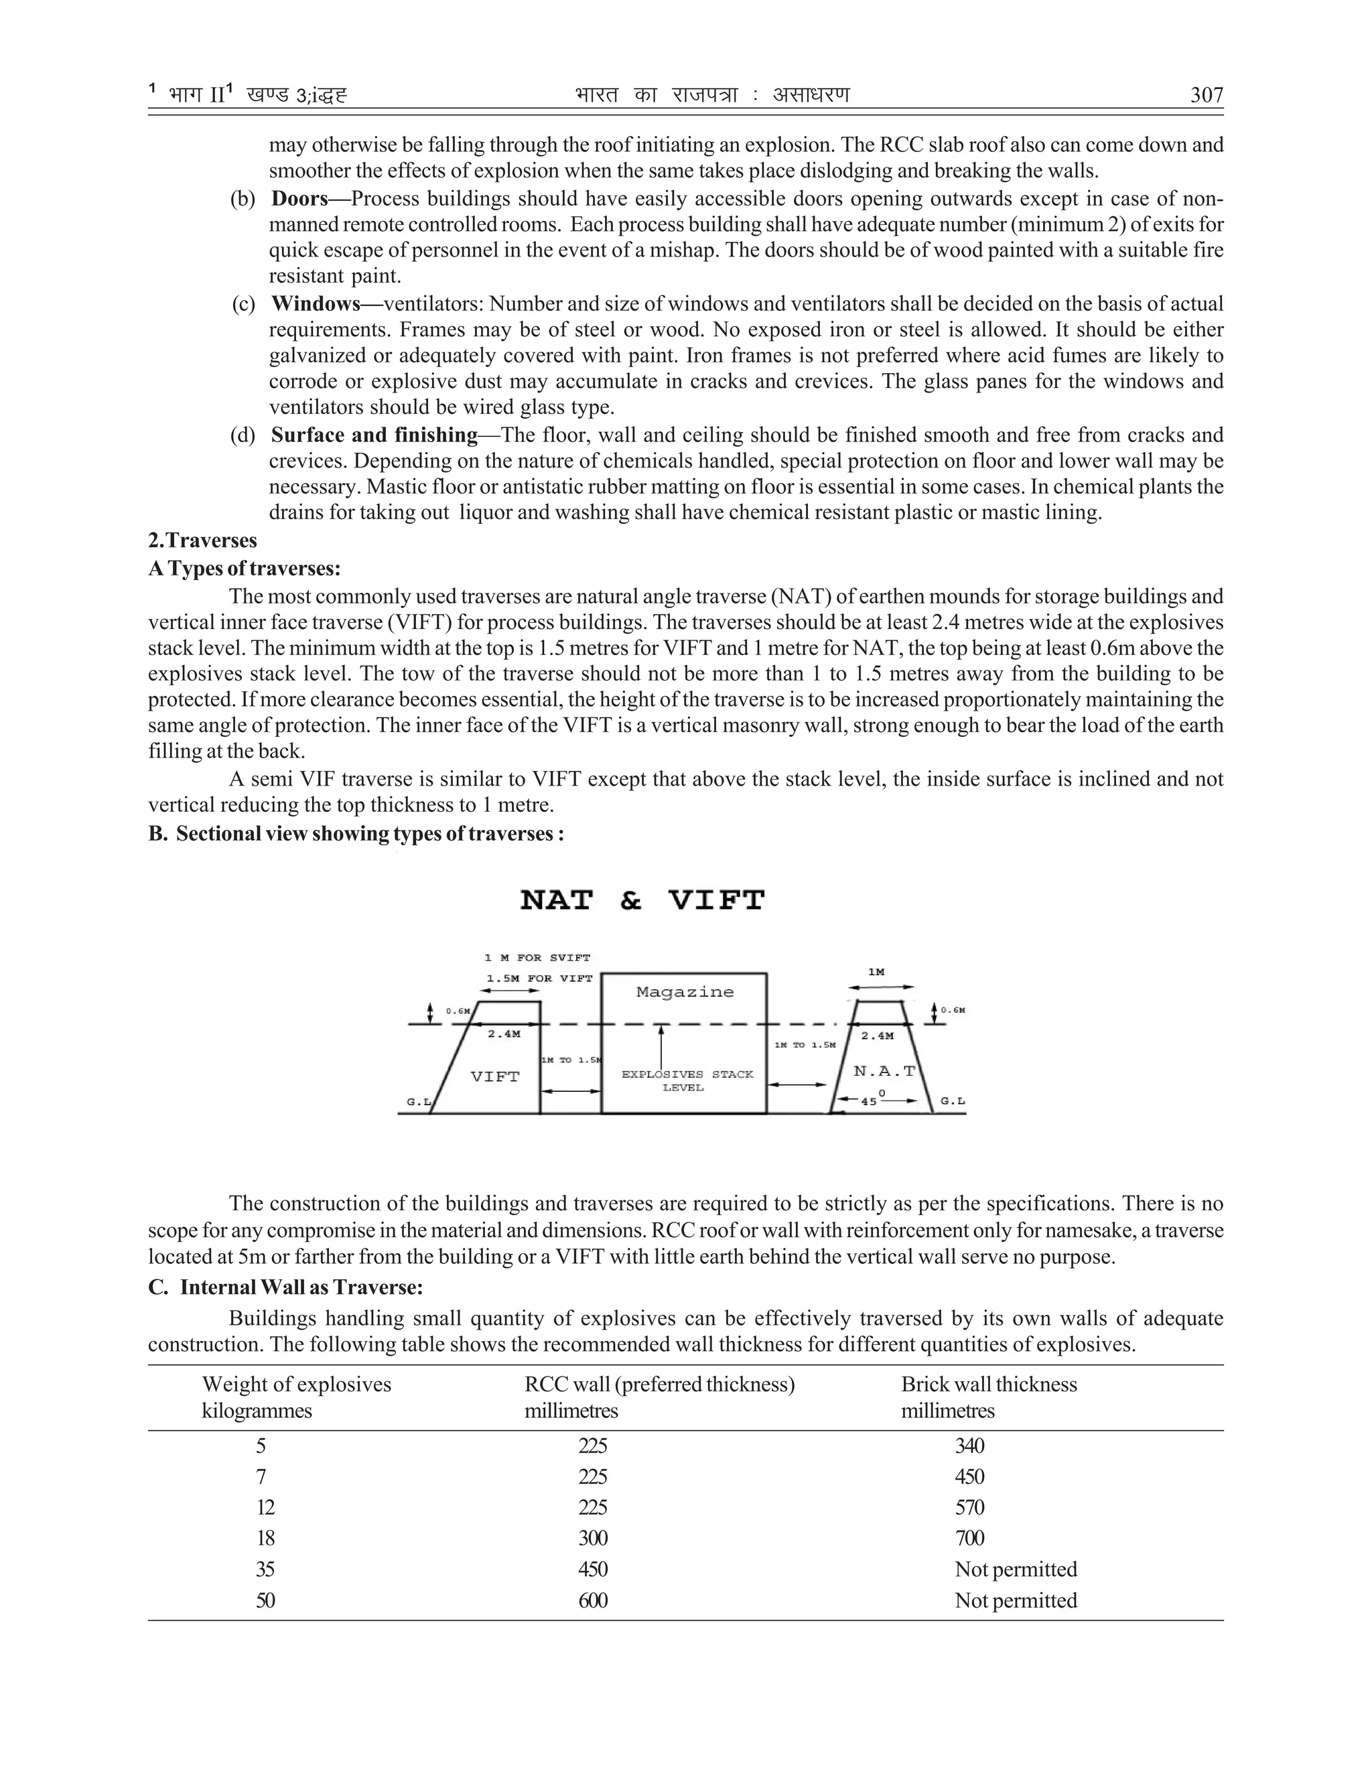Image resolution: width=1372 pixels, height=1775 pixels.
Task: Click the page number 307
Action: [1206, 95]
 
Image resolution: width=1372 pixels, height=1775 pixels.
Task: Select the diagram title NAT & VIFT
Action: [642, 900]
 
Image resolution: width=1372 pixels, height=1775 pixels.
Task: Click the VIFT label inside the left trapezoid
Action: [495, 1077]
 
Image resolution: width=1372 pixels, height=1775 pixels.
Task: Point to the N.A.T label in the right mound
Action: [884, 1071]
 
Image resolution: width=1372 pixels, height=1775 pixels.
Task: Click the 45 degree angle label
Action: [869, 1101]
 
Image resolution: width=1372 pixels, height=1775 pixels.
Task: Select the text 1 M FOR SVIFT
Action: [537, 957]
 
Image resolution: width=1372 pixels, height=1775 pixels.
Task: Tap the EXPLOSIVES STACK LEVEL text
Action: [687, 1081]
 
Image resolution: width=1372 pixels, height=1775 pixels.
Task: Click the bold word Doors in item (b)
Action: [299, 198]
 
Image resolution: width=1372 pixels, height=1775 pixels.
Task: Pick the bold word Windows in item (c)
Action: [316, 303]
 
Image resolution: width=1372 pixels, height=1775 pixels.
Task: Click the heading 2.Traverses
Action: [202, 541]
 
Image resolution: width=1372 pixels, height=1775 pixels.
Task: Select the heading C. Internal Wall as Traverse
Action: [285, 1287]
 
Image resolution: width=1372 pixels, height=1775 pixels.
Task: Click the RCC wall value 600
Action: [592, 1600]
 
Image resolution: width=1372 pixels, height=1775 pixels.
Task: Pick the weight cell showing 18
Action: [265, 1538]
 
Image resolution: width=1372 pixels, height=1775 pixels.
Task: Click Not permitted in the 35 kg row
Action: [1015, 1569]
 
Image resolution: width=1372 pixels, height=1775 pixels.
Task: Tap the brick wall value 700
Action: [969, 1538]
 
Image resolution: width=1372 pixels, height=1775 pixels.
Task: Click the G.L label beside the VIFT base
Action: [418, 1102]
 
